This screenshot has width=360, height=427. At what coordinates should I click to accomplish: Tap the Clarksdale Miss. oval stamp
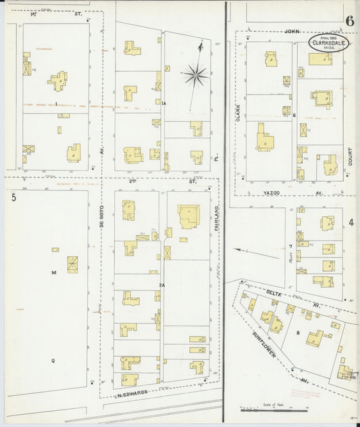pyautogui.click(x=330, y=43)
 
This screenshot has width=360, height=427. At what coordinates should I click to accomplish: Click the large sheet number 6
pyautogui.click(x=349, y=21)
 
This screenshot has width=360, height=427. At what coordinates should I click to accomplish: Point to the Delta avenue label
pyautogui.click(x=273, y=293)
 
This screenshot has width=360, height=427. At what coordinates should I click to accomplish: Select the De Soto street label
pyautogui.click(x=103, y=219)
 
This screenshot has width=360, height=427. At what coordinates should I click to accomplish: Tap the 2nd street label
pyautogui.click(x=133, y=181)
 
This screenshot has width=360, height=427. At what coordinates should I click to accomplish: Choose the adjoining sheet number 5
pyautogui.click(x=14, y=198)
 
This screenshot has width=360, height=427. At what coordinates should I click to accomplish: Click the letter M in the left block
pyautogui.click(x=53, y=272)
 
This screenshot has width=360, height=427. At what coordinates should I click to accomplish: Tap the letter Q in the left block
pyautogui.click(x=53, y=360)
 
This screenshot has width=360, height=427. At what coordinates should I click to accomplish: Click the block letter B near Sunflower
pyautogui.click(x=298, y=332)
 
